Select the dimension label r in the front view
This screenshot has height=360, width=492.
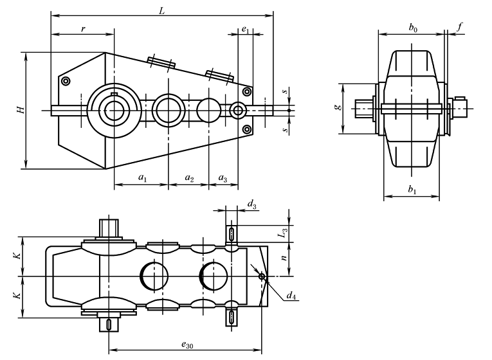click(x=83, y=29)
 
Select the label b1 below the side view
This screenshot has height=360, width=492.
click(x=412, y=191)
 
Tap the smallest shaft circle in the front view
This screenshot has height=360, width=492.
click(x=239, y=110)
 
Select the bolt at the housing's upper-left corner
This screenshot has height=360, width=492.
click(x=65, y=81)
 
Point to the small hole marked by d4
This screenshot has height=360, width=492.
click(x=261, y=277)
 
